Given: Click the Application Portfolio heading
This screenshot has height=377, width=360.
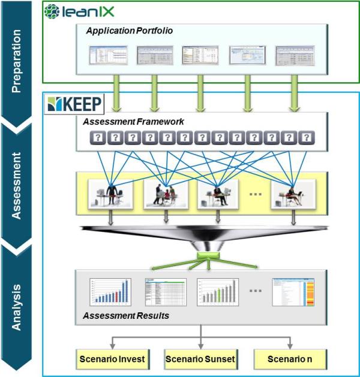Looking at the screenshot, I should [130, 31].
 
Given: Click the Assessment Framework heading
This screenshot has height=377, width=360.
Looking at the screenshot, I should [134, 121].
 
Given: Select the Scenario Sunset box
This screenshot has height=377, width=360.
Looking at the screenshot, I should [200, 360].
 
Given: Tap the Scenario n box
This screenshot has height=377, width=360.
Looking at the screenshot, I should [291, 360].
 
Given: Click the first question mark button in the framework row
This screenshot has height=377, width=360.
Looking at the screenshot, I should [97, 138].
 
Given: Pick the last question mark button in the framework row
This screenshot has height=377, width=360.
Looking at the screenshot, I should [307, 138].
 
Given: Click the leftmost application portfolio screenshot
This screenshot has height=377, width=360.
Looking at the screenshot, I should [106, 55].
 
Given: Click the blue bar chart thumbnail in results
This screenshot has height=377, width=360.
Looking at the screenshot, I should [110, 292].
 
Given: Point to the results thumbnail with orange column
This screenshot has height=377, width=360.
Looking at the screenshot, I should [294, 292].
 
